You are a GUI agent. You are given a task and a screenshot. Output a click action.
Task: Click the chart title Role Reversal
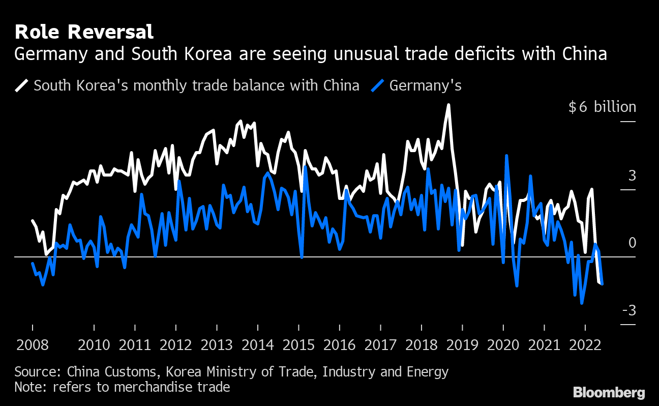[x=84, y=32]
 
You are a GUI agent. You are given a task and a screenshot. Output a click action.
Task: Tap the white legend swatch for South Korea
[x=22, y=85]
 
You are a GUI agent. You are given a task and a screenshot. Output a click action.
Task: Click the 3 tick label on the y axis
[x=632, y=176]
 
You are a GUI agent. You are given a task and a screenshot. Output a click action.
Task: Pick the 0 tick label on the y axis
[x=632, y=243]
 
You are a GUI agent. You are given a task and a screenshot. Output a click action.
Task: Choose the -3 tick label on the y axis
[x=629, y=310]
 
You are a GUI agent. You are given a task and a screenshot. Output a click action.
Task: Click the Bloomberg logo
[x=609, y=392]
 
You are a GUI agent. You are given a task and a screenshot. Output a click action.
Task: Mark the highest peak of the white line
[x=448, y=105]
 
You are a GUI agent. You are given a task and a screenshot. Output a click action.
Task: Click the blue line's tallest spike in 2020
[x=506, y=156]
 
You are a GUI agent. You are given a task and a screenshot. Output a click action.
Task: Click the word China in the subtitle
[x=586, y=53]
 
